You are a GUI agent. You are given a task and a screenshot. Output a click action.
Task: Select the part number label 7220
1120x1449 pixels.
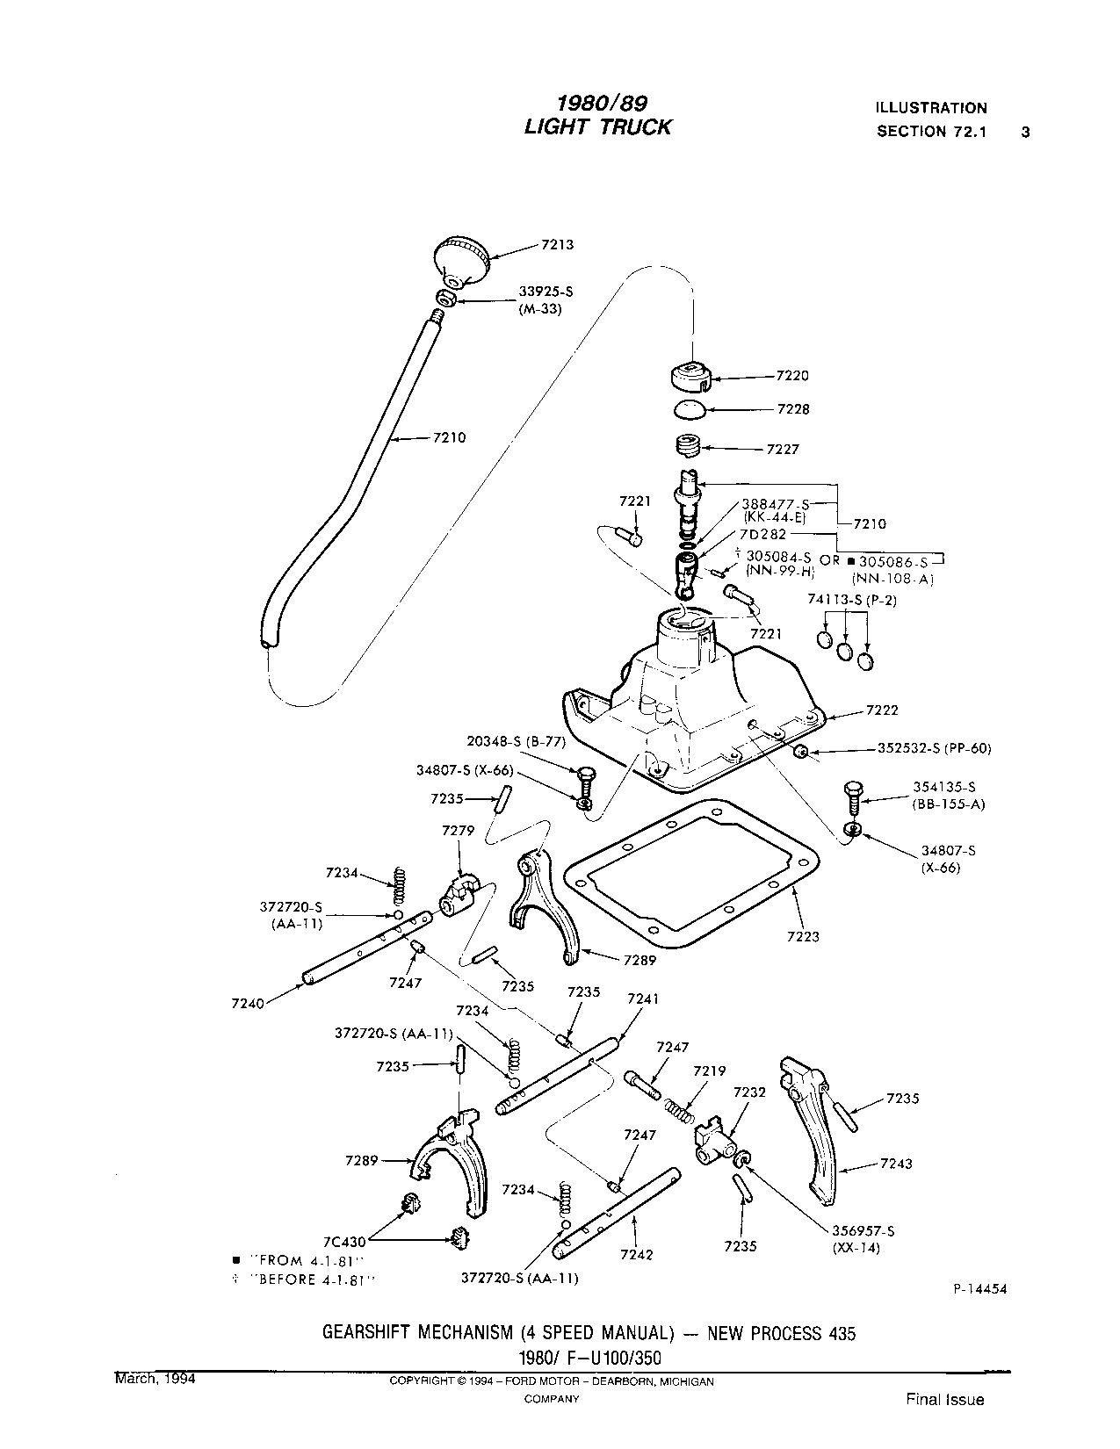792,376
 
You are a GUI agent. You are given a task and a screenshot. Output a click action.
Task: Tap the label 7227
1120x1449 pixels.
783,449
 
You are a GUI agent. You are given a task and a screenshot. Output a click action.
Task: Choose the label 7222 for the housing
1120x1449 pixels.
882,710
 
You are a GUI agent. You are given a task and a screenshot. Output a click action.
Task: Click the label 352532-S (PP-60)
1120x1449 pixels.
934,749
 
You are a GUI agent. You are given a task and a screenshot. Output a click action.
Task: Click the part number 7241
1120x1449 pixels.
643,999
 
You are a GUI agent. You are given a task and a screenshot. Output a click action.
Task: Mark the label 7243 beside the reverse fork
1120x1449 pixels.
896,1164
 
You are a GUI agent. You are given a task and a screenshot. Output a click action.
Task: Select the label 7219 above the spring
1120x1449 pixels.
709,1071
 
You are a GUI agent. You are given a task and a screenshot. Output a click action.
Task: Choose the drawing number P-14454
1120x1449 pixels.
979,1289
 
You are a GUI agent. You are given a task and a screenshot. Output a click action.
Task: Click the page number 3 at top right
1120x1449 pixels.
1024,133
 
